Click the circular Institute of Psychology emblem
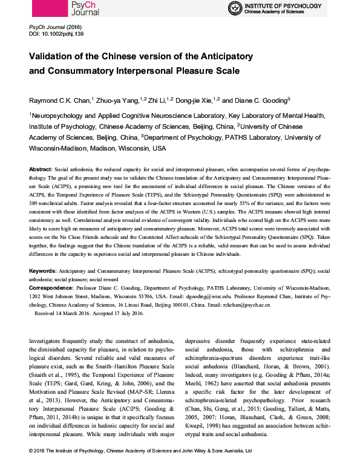(x=235, y=8)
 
